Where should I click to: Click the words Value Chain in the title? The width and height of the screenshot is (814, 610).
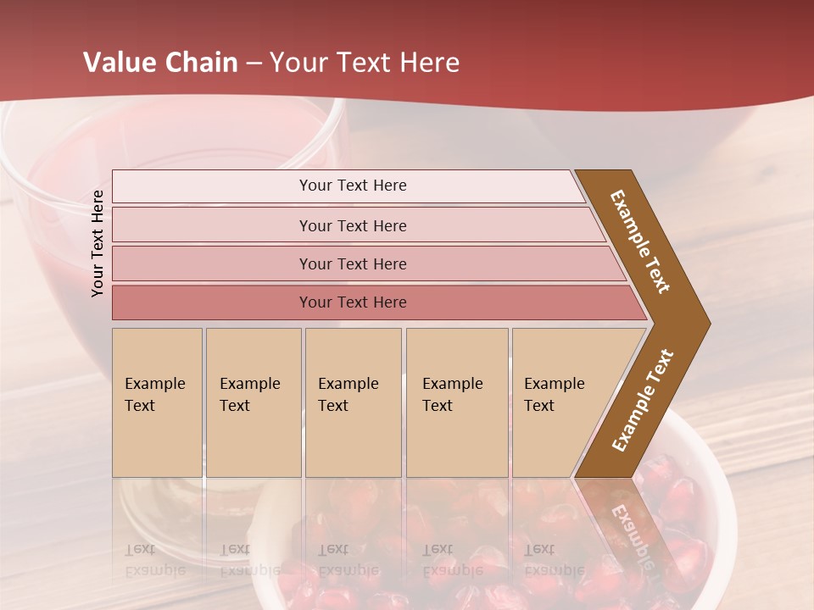point(160,63)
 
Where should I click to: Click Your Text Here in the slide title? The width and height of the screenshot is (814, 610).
point(365,63)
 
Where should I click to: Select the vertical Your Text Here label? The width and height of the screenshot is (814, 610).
point(98,243)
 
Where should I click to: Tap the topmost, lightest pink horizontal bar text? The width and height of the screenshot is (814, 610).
point(353,186)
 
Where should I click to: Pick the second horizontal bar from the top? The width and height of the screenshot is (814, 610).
point(353,225)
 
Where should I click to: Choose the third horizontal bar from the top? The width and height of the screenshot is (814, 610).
point(353,263)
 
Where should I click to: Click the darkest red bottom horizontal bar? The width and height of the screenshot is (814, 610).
point(353,302)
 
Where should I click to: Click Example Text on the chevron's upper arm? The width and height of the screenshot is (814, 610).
point(641,241)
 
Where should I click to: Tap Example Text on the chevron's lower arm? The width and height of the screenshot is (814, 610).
point(643,401)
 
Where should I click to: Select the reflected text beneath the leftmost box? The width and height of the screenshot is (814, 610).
point(155,559)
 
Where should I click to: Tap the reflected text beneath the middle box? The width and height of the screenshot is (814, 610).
point(348,559)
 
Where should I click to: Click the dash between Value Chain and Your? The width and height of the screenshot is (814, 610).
point(254,64)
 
